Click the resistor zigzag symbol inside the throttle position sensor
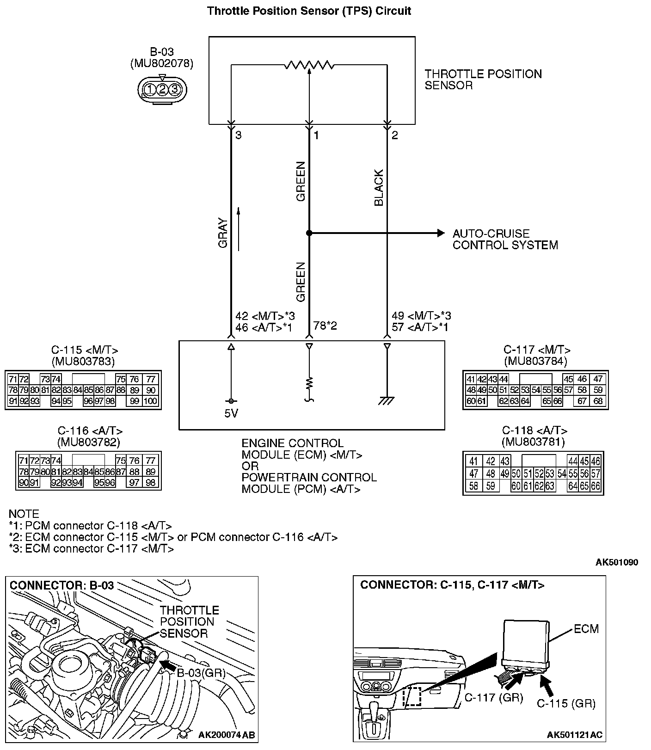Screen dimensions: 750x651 click(x=309, y=65)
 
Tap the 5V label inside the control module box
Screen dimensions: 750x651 click(x=231, y=413)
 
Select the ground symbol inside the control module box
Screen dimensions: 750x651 click(x=387, y=401)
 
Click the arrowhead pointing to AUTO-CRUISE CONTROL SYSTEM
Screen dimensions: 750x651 click(x=441, y=233)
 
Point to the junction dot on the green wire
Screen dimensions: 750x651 click(x=309, y=233)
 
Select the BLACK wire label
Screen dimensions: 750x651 click(x=379, y=188)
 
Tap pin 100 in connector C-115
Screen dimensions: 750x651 click(x=150, y=401)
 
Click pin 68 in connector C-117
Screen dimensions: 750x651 click(x=598, y=401)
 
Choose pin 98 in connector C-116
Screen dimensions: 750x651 click(x=150, y=483)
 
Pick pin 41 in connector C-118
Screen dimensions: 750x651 click(x=473, y=461)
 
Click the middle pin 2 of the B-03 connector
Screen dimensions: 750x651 click(x=162, y=89)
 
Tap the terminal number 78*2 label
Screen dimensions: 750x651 click(x=325, y=326)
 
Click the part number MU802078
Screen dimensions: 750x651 click(x=162, y=63)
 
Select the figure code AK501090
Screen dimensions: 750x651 click(x=616, y=562)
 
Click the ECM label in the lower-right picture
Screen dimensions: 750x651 click(x=586, y=629)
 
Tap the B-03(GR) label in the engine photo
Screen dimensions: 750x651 click(x=201, y=673)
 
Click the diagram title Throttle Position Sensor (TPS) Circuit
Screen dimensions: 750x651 click(x=309, y=11)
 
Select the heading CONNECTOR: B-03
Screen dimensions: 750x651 click(x=61, y=585)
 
